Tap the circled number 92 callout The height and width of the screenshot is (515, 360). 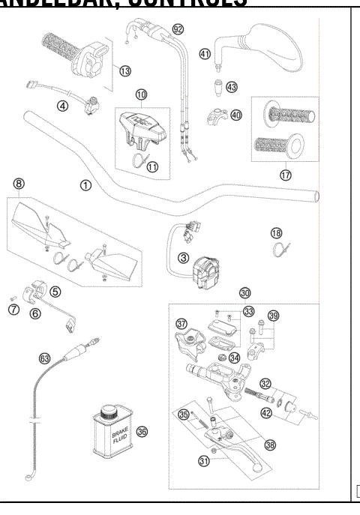click(x=178, y=28)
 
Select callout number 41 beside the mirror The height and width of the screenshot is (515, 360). click(x=205, y=53)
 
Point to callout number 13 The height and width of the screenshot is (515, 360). click(x=125, y=70)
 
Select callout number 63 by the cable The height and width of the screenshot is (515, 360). click(x=46, y=359)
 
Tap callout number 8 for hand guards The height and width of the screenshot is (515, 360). click(x=19, y=182)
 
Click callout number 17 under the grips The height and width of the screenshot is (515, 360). click(x=286, y=175)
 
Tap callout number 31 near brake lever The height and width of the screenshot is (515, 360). click(x=202, y=462)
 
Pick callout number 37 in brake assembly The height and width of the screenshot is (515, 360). click(x=181, y=324)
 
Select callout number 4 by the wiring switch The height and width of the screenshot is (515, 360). click(x=63, y=106)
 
